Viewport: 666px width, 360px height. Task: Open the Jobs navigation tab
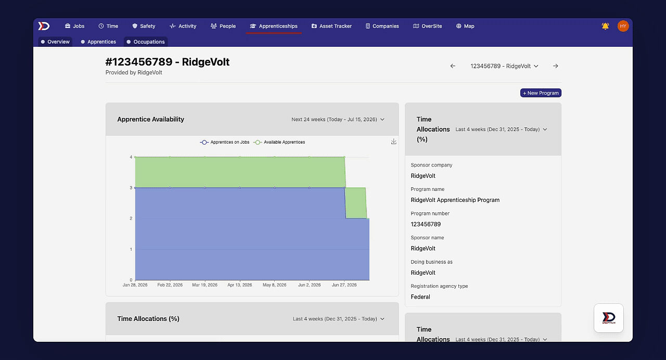(75, 26)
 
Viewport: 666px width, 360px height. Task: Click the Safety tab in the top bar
(144, 26)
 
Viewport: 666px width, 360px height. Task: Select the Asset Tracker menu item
(331, 26)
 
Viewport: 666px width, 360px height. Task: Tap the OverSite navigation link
(427, 26)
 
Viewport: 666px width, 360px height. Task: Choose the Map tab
(465, 26)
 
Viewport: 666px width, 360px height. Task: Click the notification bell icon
(605, 26)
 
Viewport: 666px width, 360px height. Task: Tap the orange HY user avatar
(623, 26)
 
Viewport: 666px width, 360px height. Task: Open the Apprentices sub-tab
(98, 42)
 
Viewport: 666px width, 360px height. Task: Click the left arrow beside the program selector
(453, 66)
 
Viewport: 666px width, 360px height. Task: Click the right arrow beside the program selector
(556, 66)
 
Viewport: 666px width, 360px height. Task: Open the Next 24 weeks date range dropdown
(338, 119)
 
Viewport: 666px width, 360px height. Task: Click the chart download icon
(394, 142)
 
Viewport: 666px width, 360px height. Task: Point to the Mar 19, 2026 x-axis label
(204, 285)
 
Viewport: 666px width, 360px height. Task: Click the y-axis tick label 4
(131, 157)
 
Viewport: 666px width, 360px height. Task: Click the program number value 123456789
(426, 224)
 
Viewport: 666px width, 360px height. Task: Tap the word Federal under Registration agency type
(420, 297)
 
